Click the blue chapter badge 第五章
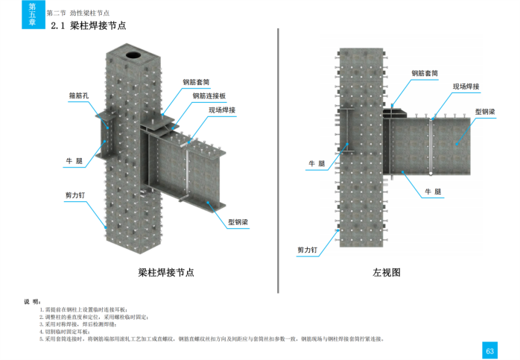[x=32, y=14]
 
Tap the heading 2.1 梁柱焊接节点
[x=88, y=25]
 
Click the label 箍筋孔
[x=79, y=95]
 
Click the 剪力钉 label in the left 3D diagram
[x=75, y=195]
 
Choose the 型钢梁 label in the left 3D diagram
[x=238, y=222]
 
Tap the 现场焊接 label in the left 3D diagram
[x=222, y=110]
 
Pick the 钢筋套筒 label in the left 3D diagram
[x=196, y=82]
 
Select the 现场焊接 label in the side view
[x=466, y=86]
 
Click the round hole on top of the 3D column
[x=134, y=54]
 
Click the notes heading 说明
[x=32, y=301]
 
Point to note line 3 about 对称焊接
[x=78, y=324]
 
